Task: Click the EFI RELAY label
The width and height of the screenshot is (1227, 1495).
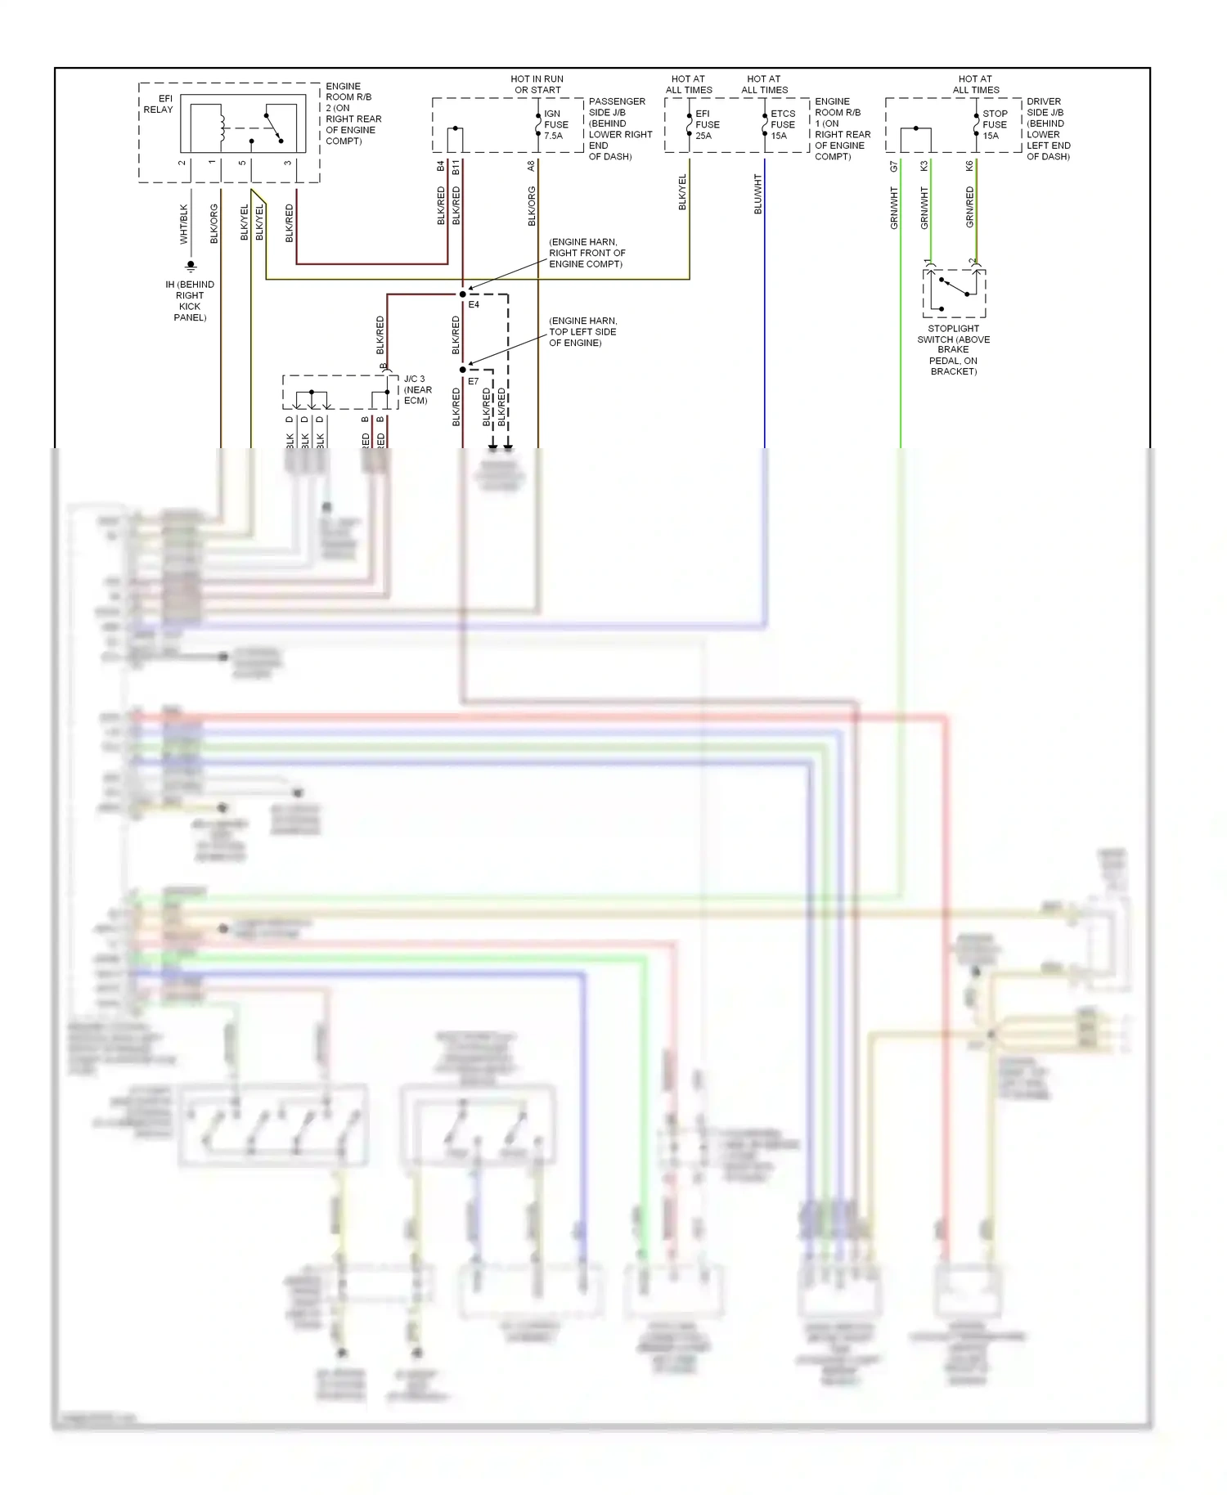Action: (x=158, y=104)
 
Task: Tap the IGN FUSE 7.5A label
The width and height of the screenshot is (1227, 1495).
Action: (x=555, y=125)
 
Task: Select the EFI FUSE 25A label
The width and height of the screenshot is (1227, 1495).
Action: (x=707, y=125)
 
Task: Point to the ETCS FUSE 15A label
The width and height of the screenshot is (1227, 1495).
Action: (x=782, y=125)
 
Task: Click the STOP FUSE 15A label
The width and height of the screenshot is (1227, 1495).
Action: (x=994, y=125)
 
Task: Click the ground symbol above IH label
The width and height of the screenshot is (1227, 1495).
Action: (x=191, y=266)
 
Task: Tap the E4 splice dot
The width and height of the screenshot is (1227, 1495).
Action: (x=463, y=294)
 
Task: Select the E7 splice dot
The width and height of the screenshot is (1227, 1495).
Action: (x=463, y=370)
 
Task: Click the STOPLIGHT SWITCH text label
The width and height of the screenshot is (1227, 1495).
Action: (x=953, y=349)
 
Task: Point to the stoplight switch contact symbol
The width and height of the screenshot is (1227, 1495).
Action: (x=954, y=287)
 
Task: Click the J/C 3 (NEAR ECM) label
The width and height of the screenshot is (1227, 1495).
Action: (x=417, y=390)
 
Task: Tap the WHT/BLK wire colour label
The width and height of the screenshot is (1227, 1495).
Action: (x=183, y=224)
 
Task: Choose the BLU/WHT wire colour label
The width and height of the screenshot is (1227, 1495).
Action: (x=757, y=194)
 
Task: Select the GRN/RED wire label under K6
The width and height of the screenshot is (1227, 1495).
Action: (x=969, y=207)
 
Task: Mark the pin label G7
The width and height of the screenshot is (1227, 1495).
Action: (x=893, y=166)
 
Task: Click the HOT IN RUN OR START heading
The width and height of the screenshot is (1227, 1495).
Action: (x=537, y=84)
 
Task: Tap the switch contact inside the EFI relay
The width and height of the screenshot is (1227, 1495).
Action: (x=273, y=126)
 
